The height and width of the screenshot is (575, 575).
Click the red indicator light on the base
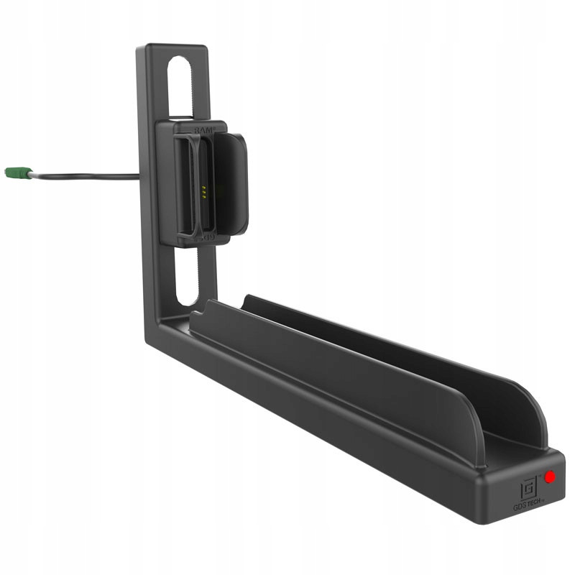coord(550,477)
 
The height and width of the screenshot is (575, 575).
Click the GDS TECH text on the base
coord(528,506)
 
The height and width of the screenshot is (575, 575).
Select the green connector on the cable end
coord(18,173)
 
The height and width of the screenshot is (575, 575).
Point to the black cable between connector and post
coord(86,176)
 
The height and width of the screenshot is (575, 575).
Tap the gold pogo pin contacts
coord(203,191)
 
